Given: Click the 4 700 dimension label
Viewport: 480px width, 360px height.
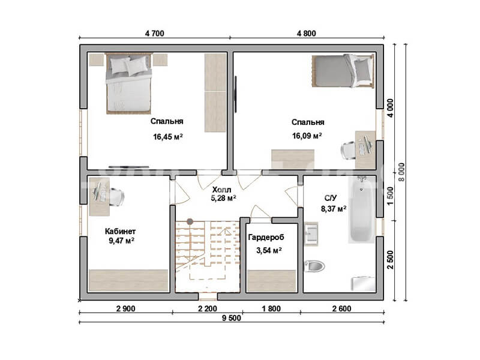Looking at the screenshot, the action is [x=155, y=33].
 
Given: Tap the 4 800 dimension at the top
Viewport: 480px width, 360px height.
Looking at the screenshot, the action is [x=307, y=33].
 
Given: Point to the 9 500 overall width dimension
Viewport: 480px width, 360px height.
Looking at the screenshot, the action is [x=232, y=318].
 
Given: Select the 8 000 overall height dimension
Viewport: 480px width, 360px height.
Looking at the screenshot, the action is [x=401, y=172].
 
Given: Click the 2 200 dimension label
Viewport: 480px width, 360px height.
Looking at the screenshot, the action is [x=208, y=308].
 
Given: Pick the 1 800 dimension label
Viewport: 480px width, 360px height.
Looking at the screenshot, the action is [x=271, y=308].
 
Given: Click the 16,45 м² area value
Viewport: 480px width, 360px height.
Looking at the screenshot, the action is [x=168, y=137].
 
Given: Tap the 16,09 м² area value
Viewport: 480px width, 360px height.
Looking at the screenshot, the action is [x=307, y=136].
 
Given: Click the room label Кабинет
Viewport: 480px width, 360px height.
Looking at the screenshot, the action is [x=121, y=231].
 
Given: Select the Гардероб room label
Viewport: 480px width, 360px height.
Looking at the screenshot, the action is [x=266, y=237].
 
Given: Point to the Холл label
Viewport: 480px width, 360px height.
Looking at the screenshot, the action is [x=221, y=190].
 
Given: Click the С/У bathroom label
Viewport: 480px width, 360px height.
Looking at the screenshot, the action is [x=331, y=198].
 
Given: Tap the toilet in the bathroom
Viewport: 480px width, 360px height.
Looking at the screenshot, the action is [x=314, y=266].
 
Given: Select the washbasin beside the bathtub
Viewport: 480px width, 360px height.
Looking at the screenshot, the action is [x=311, y=233].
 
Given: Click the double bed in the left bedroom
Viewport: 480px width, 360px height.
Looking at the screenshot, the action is [x=129, y=83].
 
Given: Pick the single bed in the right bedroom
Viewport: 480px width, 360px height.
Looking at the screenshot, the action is [x=343, y=71].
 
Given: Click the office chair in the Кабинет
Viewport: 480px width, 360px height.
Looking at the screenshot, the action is [x=116, y=197].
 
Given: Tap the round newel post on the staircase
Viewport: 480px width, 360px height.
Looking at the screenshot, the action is [x=190, y=221].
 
